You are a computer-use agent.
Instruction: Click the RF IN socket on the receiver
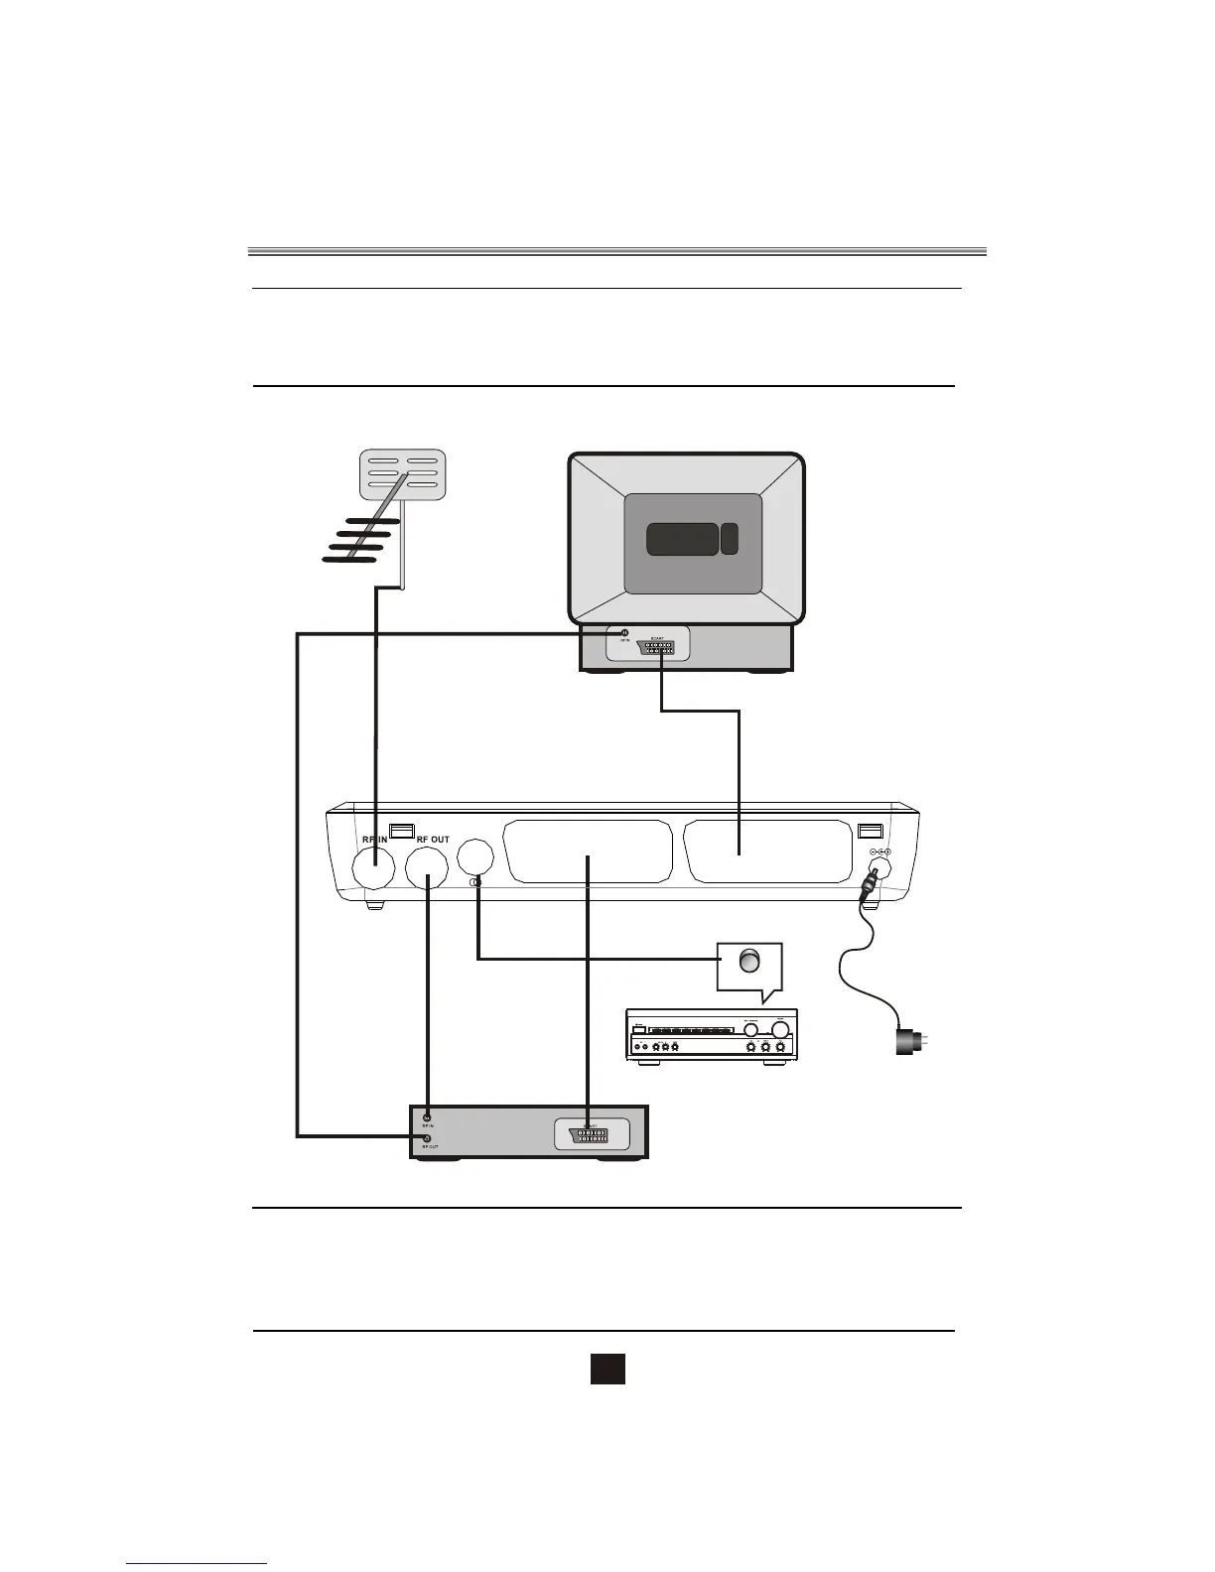coord(374,870)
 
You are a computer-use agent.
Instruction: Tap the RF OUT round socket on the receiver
coord(428,870)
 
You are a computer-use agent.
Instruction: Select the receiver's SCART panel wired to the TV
coord(766,851)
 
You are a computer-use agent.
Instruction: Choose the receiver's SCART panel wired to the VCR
coord(587,851)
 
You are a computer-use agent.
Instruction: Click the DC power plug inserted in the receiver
coord(871,880)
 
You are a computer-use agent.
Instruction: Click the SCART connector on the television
coord(657,647)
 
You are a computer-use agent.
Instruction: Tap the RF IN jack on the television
coord(624,633)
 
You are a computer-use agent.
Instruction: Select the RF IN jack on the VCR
coord(427,1117)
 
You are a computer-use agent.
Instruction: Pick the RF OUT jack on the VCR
coord(427,1137)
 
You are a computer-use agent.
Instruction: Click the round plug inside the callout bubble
coord(749,961)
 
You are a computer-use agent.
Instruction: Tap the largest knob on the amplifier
coord(780,1030)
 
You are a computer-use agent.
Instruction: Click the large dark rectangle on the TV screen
coord(682,539)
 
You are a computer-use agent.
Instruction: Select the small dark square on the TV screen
coord(730,539)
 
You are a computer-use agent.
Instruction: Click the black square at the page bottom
coord(607,1369)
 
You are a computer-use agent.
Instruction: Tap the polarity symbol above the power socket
coord(879,852)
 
